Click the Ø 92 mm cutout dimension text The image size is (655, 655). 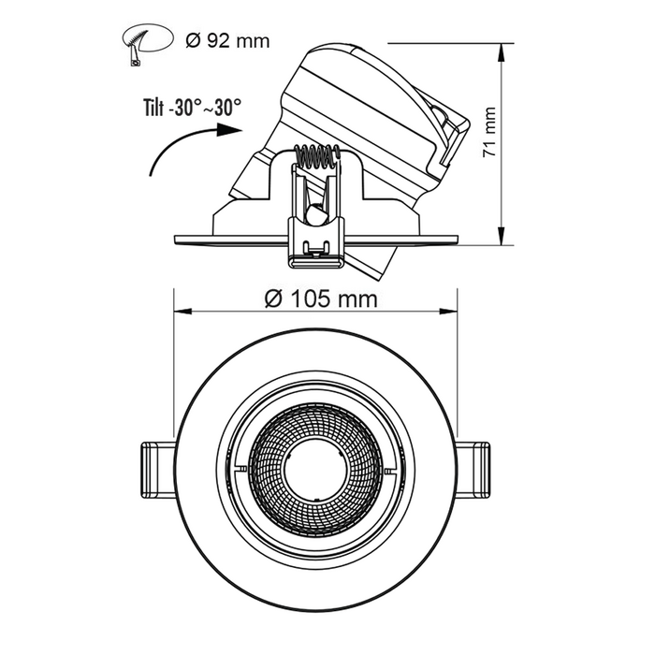(x=227, y=41)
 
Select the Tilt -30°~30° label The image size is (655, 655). (x=192, y=107)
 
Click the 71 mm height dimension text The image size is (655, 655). (x=488, y=133)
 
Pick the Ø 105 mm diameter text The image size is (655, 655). (x=321, y=299)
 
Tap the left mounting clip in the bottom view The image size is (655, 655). (x=157, y=470)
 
